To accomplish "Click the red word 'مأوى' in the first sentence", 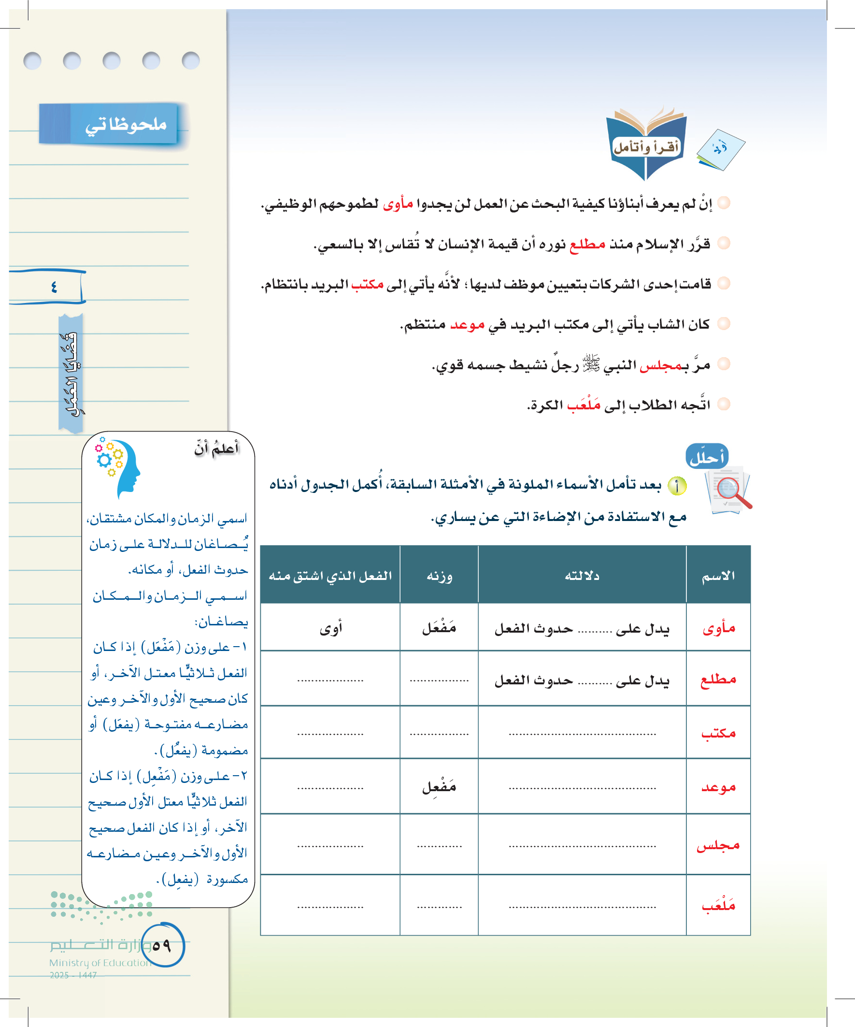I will coord(398,203).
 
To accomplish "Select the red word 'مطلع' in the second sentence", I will coord(587,244).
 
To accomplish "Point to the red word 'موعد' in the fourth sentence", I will coord(467,325).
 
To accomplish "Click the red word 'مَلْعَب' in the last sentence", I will coord(584,405).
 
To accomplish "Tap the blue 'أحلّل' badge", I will coord(707,458).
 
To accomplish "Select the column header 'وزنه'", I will coord(439,576).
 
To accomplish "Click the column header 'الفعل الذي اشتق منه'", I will coord(330,576).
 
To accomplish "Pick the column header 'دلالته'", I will coord(582,576).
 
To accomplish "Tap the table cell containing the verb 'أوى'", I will coord(330,628).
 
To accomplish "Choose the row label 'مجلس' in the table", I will coord(718,845).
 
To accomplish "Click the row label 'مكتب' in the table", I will coord(718,733).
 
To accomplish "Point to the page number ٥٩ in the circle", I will coord(162,945).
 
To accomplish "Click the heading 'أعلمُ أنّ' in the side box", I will coord(216,448).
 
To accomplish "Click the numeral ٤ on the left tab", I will coord(54,287).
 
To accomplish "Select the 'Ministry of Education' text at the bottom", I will coord(100,962).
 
